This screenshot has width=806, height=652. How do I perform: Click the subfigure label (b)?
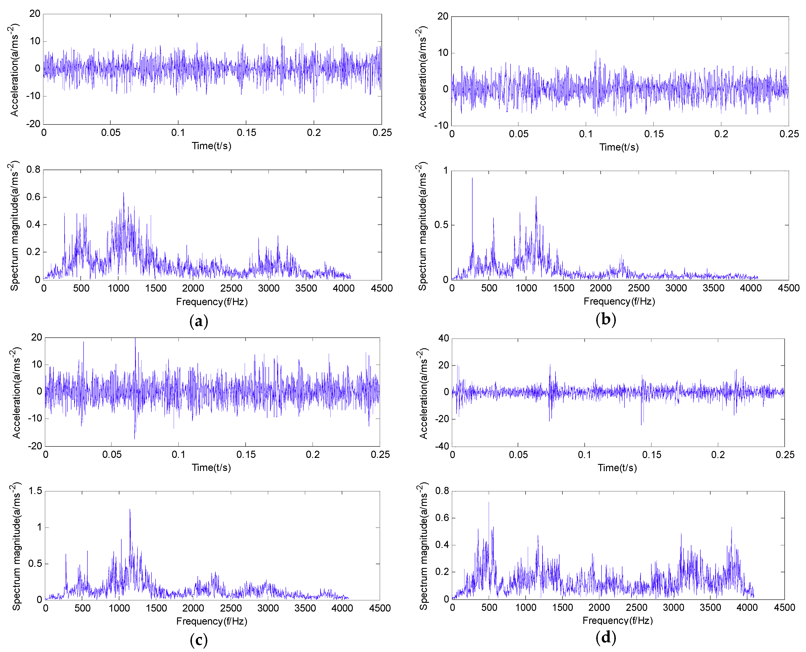point(606,319)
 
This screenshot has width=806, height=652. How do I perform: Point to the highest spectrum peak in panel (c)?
point(130,510)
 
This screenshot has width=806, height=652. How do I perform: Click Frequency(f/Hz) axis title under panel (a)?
point(212,302)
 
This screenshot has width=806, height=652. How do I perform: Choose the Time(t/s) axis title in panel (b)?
point(619,147)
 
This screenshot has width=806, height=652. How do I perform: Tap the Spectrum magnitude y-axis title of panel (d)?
point(423,546)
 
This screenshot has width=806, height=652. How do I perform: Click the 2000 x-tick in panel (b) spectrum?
point(601,288)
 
